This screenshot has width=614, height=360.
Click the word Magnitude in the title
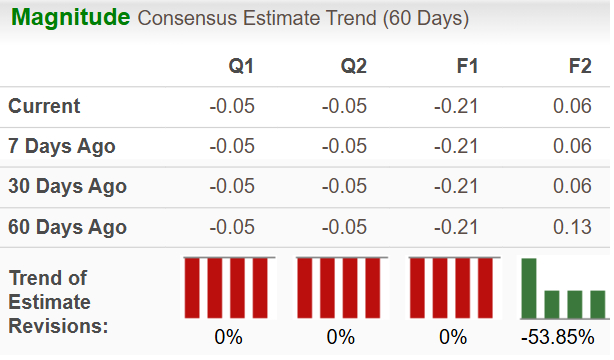[70, 18]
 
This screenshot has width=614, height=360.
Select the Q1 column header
[241, 67]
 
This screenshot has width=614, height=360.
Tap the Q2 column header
[353, 67]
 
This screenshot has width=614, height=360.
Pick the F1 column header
[466, 67]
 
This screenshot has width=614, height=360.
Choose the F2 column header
[579, 67]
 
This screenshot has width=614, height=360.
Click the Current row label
[44, 106]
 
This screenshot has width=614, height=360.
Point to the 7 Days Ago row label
[61, 146]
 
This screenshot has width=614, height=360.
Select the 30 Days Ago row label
[67, 186]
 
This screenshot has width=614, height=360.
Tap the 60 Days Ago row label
[67, 227]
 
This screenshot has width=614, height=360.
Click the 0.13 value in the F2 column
[573, 227]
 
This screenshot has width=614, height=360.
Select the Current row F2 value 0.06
[573, 106]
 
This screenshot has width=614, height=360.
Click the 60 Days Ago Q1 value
[232, 227]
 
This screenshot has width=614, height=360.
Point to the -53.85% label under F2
[564, 337]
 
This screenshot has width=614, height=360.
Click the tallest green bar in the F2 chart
[529, 287]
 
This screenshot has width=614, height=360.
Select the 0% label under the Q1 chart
[228, 337]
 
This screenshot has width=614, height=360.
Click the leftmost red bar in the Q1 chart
[191, 287]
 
